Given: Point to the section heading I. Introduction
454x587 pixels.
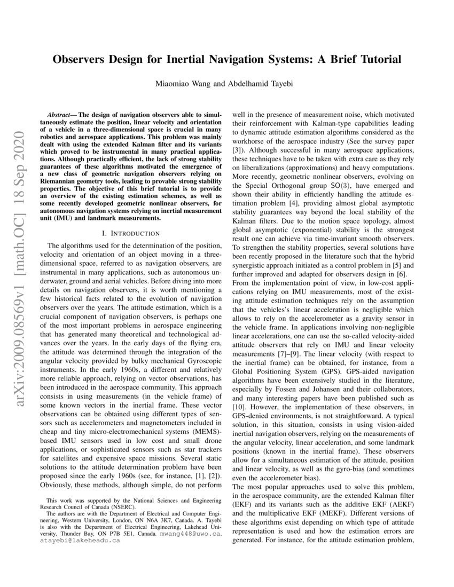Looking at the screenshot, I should coord(130,233).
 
